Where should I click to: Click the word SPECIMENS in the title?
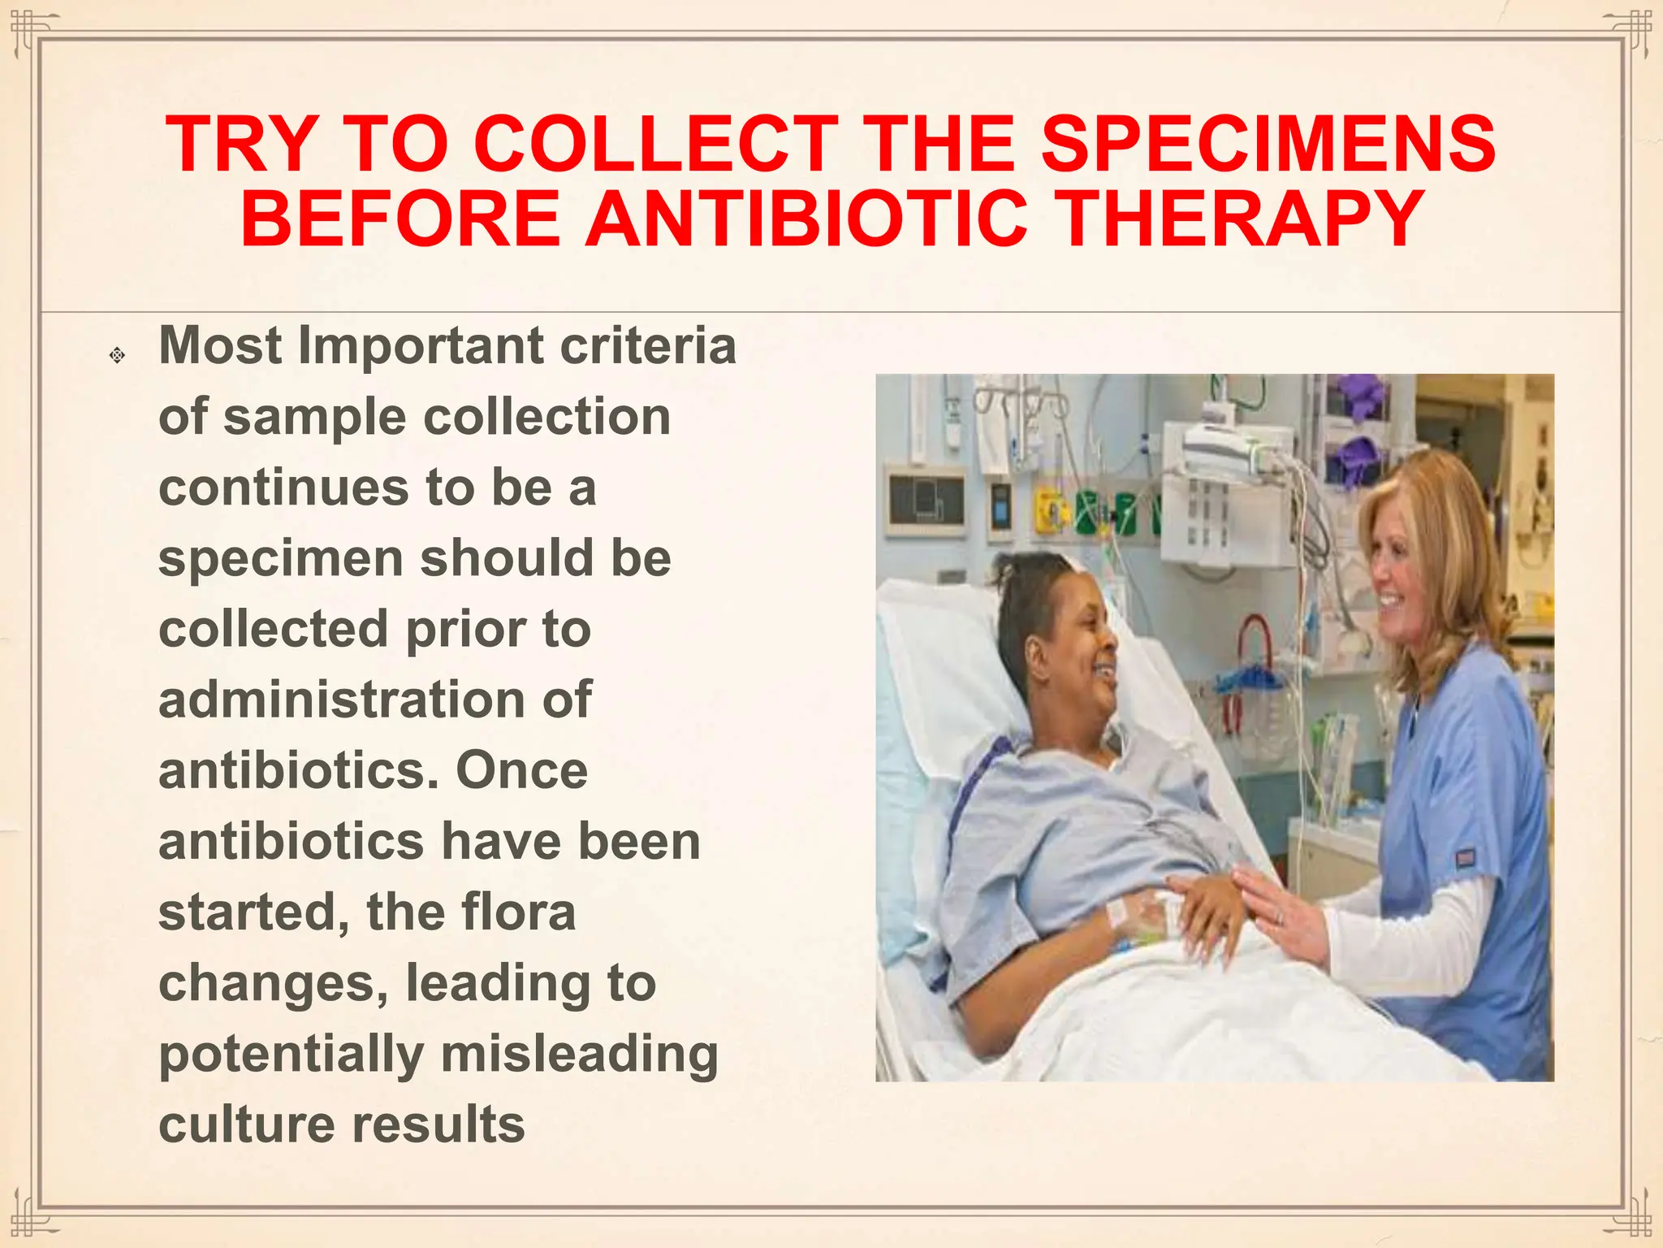pyautogui.click(x=1268, y=144)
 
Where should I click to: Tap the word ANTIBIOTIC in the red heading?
pyautogui.click(x=806, y=219)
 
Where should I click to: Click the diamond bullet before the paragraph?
pyautogui.click(x=117, y=355)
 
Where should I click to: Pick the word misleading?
pyautogui.click(x=579, y=1054)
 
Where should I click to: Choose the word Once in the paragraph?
pyautogui.click(x=521, y=770)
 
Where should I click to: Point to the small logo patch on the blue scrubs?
pyautogui.click(x=1463, y=857)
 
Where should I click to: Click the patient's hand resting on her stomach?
pyautogui.click(x=1210, y=910)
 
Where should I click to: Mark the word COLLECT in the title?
pyautogui.click(x=655, y=144)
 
